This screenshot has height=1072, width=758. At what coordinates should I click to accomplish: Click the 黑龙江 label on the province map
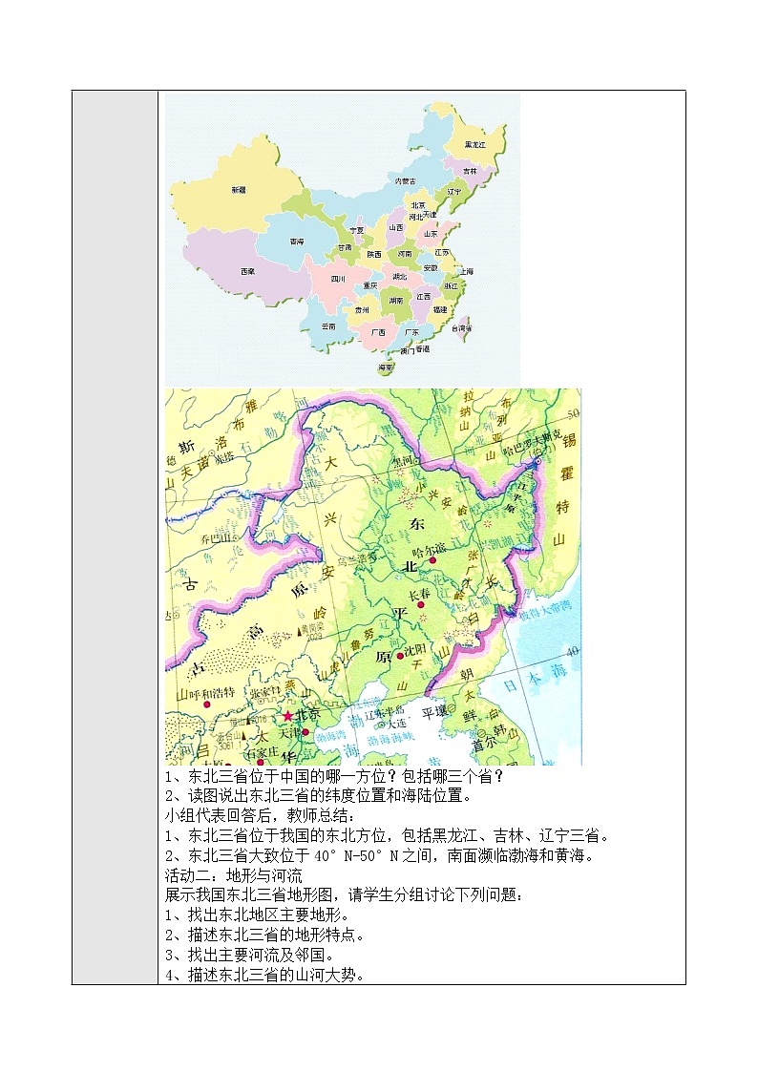[x=474, y=144]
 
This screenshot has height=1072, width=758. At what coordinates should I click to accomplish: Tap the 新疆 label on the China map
[x=238, y=190]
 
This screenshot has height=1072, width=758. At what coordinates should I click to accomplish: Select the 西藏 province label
[x=247, y=272]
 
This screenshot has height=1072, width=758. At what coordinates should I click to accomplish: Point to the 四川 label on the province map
[x=338, y=279]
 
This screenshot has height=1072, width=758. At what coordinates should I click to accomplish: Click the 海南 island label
[x=386, y=367]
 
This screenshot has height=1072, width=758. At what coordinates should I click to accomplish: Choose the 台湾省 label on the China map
[x=462, y=327]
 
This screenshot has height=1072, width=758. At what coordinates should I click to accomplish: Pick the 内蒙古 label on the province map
[x=405, y=180]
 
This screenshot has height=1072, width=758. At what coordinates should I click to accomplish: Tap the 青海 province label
[x=297, y=242]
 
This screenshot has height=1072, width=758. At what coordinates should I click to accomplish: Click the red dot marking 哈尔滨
[x=432, y=560]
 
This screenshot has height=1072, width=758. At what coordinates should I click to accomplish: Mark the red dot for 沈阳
[x=400, y=656]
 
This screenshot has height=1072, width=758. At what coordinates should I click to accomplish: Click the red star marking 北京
[x=287, y=715]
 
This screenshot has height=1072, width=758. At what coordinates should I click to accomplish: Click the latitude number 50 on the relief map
[x=573, y=413]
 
